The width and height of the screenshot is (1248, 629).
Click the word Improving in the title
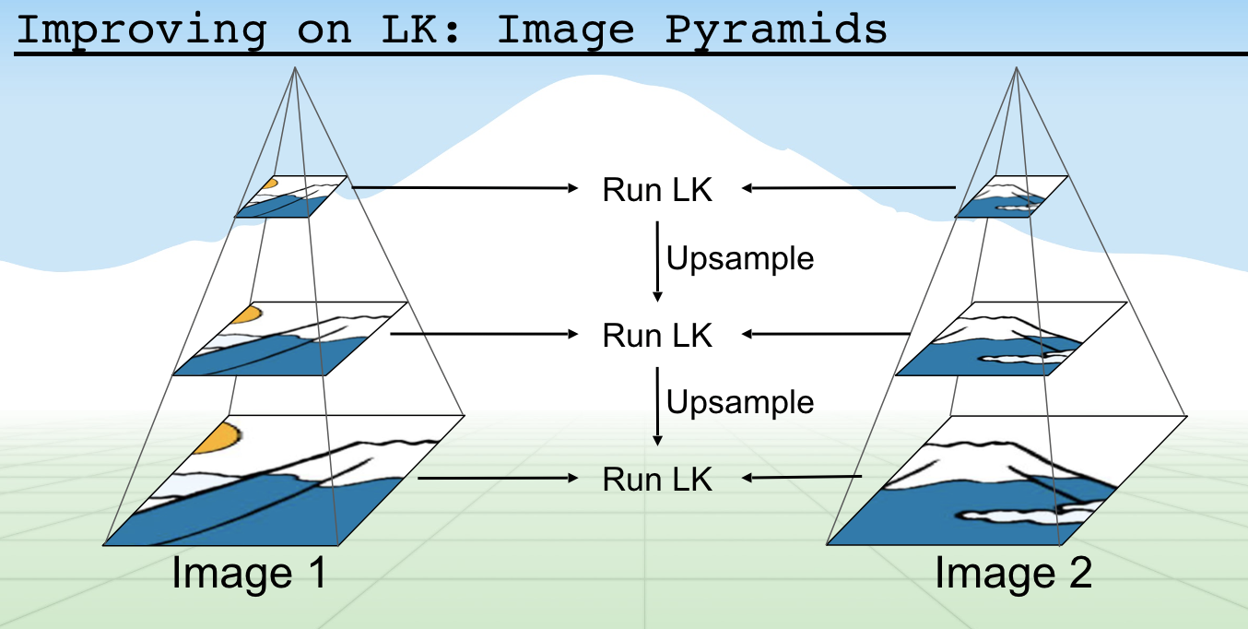(x=141, y=30)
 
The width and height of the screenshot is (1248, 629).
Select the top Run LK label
(x=657, y=190)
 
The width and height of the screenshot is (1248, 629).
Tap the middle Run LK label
(x=657, y=335)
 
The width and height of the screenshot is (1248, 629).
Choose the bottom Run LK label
(x=657, y=480)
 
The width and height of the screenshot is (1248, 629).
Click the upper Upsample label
(x=740, y=259)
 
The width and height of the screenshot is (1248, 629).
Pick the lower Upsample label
(x=740, y=403)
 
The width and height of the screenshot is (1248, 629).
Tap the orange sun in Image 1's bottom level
(x=219, y=437)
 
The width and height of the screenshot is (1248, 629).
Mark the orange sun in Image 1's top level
(x=268, y=183)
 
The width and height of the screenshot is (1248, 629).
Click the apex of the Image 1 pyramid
(x=295, y=67)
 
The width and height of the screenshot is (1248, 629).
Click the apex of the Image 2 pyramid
(x=1017, y=67)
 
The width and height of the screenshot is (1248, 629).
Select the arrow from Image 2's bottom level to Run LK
(x=802, y=478)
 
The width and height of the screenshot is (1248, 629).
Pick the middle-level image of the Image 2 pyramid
(x=1010, y=339)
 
